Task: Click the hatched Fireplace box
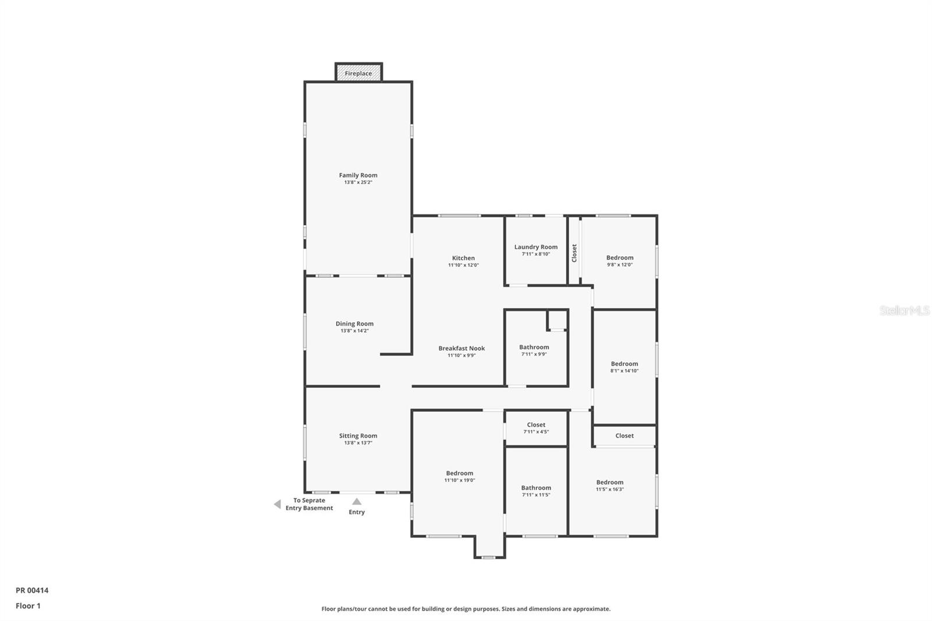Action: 358,73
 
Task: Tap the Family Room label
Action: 358,175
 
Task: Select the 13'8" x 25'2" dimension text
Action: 358,182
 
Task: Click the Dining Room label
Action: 354,324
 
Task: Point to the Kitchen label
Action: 463,258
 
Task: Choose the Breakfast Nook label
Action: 461,348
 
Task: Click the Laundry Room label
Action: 536,247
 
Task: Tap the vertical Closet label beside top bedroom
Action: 574,253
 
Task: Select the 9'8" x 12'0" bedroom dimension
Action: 620,264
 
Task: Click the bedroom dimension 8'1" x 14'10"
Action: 624,371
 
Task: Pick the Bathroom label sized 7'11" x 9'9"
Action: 534,347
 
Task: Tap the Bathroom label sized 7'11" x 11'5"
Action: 536,488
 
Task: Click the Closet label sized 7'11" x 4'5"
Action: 536,425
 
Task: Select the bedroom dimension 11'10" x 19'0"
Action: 460,481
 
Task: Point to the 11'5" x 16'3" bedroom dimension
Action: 610,489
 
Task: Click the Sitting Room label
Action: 358,436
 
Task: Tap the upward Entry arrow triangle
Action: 356,502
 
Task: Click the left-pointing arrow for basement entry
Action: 277,504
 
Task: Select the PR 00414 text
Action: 32,590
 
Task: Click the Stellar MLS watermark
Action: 904,310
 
